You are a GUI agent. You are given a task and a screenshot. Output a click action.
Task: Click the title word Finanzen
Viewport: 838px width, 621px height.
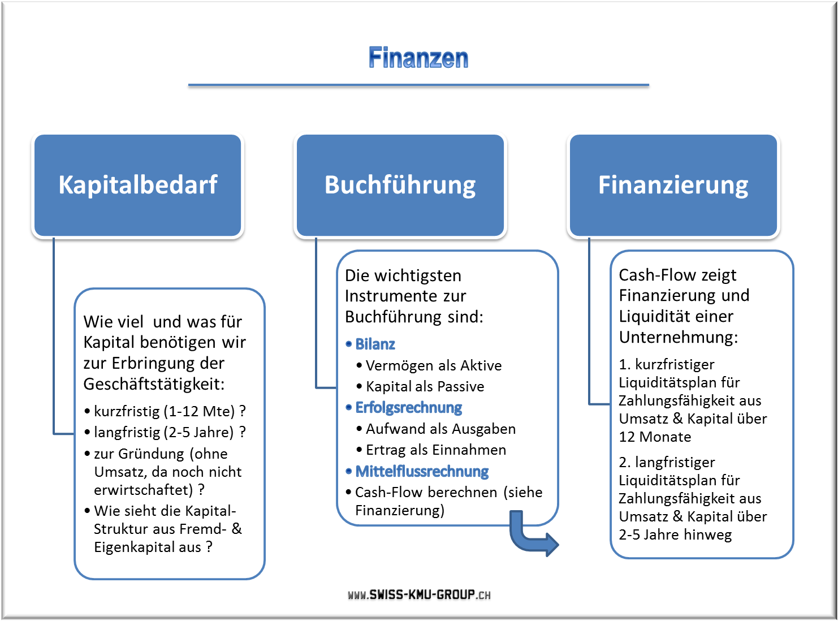pyautogui.click(x=418, y=58)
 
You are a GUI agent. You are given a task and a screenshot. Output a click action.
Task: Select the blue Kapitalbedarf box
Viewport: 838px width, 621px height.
pyautogui.click(x=137, y=185)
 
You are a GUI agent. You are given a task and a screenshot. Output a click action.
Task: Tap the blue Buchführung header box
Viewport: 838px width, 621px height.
pyautogui.click(x=400, y=185)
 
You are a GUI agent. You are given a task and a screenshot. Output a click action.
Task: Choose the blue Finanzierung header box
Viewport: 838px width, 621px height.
pyautogui.click(x=673, y=185)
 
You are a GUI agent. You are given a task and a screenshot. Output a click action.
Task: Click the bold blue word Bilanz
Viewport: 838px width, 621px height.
pyautogui.click(x=375, y=344)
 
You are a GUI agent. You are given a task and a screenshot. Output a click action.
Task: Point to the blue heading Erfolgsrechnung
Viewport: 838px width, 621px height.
pyautogui.click(x=408, y=407)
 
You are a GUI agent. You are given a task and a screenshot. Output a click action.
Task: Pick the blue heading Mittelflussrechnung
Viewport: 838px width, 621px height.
pyautogui.click(x=422, y=471)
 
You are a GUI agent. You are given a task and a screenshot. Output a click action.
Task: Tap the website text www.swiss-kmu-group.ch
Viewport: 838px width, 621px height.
pyautogui.click(x=419, y=594)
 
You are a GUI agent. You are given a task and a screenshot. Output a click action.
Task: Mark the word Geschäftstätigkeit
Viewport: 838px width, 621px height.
pyautogui.click(x=154, y=384)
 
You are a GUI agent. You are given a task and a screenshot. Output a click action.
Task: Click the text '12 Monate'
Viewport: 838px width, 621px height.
pyautogui.click(x=655, y=437)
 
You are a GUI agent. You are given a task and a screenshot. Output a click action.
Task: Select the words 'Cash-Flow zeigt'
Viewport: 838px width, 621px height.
pyautogui.click(x=677, y=275)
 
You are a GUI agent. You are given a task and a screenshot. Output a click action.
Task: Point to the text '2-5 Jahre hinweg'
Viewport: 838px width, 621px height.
pyautogui.click(x=675, y=535)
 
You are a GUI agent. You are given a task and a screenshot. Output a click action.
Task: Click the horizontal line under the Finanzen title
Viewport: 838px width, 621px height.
pyautogui.click(x=418, y=85)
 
